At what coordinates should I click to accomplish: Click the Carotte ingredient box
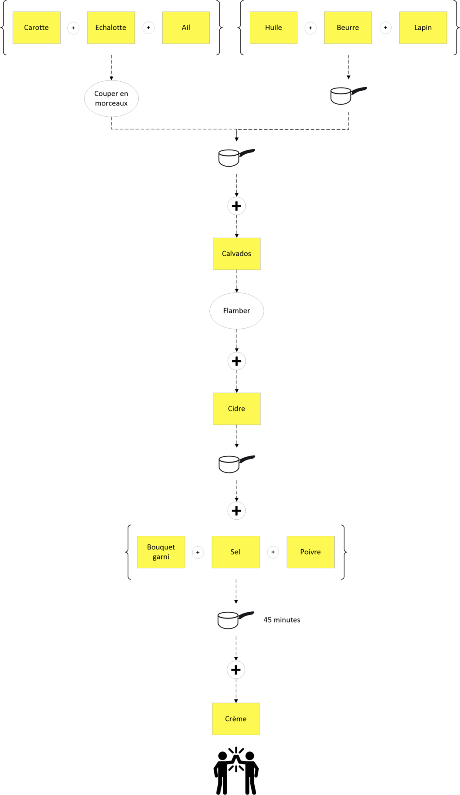coord(36,27)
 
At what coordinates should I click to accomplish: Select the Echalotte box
coord(111,27)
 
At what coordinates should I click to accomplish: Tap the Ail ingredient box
coord(186,27)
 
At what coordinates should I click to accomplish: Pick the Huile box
coord(274,27)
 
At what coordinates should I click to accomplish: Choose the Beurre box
coord(348,27)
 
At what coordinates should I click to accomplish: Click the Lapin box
coord(423,27)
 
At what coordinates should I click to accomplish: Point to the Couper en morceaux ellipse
coord(111,98)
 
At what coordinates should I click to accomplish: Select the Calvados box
coord(237,254)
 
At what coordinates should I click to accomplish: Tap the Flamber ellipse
coord(237,311)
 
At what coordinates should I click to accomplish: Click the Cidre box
coord(237,409)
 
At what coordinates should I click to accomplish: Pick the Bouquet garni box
coord(161,552)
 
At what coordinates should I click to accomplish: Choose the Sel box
coord(235,552)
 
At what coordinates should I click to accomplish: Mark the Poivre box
coord(311,552)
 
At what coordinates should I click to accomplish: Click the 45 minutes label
coord(282,620)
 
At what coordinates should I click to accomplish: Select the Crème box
coord(236,719)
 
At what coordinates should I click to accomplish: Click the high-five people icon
coord(236,771)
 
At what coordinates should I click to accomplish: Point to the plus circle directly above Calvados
coord(237,206)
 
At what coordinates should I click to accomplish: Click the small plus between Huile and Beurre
coord(310,28)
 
